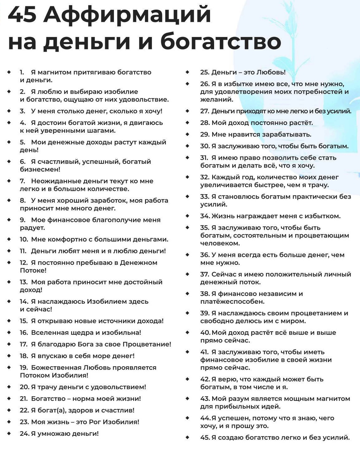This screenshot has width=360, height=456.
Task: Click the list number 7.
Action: point(22,181)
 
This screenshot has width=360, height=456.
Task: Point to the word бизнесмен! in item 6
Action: point(40,169)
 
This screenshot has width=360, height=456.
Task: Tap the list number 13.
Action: point(24,282)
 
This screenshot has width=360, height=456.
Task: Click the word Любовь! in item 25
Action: point(271,72)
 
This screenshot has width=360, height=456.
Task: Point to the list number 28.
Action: point(205,123)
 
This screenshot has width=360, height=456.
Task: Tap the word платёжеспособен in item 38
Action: point(232,302)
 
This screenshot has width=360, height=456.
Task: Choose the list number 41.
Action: point(204,352)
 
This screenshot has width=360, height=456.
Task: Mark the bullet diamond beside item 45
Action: point(187,437)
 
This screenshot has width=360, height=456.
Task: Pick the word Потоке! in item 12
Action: point(33,270)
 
